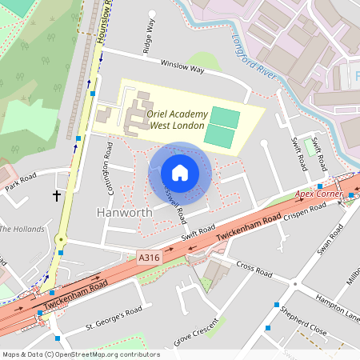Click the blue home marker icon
tap(180, 173)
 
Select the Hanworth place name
tap(124, 213)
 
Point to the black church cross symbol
tap(57, 194)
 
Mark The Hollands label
tap(18, 229)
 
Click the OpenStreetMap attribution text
tap(80, 354)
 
